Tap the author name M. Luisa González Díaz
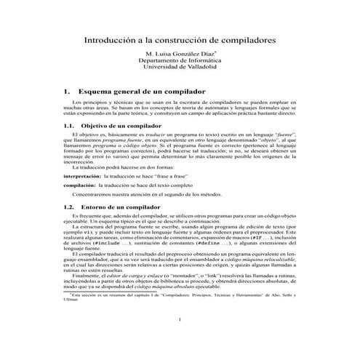178,55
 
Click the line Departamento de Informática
180,63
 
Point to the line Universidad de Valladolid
180,71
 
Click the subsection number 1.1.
68,126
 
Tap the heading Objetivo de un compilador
124,126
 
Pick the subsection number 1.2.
68,208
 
